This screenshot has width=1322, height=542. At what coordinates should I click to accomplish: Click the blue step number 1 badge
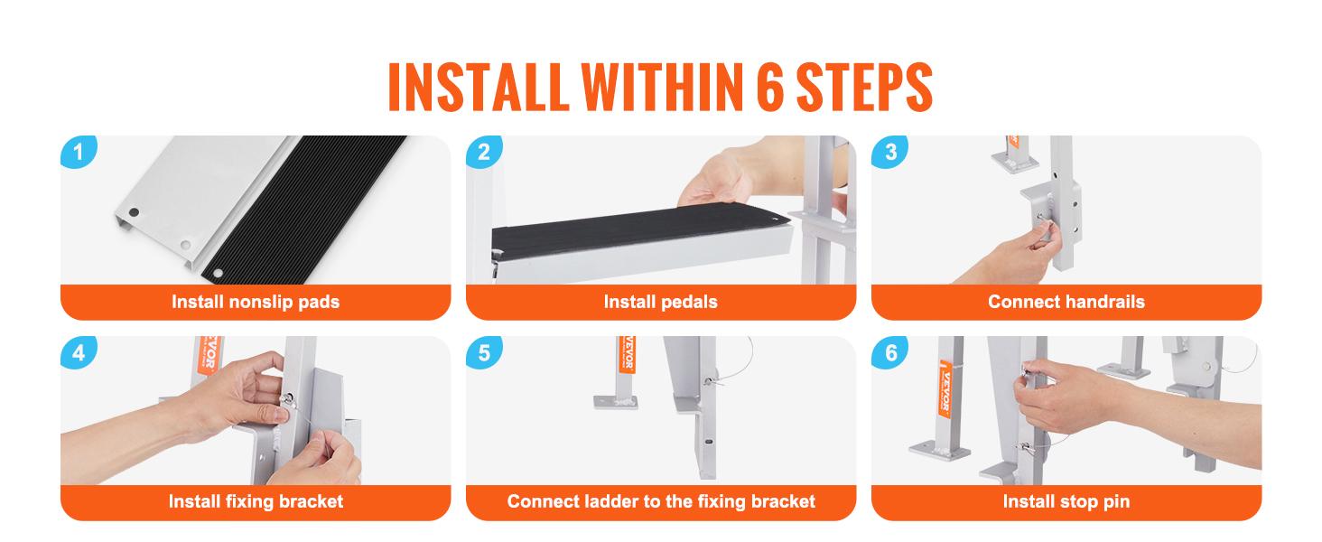[x=79, y=152]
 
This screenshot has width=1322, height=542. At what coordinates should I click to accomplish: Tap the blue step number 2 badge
[x=484, y=152]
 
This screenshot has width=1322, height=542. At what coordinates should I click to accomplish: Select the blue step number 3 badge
[x=889, y=152]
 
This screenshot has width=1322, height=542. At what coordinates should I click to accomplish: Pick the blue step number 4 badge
[x=79, y=352]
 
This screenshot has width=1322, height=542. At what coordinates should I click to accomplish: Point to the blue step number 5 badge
[x=484, y=352]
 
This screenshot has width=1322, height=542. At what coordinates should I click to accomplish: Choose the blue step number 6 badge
[x=889, y=352]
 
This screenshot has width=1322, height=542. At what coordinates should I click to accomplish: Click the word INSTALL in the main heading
[x=478, y=87]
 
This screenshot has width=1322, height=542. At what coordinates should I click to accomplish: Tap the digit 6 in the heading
[x=770, y=87]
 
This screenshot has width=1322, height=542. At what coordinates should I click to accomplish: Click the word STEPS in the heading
[x=864, y=87]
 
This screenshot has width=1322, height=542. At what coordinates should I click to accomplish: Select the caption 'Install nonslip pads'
[x=256, y=302]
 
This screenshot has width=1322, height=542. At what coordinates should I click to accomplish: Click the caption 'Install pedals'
[x=660, y=302]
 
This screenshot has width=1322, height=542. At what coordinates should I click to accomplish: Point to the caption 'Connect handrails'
[x=1066, y=302]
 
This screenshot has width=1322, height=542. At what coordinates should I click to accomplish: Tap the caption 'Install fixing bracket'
[x=256, y=501]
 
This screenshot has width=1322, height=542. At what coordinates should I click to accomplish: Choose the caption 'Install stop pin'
[x=1066, y=501]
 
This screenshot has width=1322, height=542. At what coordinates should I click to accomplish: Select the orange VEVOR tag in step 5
[x=627, y=354]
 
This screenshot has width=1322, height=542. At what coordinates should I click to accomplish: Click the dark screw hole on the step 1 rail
[x=134, y=212]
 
